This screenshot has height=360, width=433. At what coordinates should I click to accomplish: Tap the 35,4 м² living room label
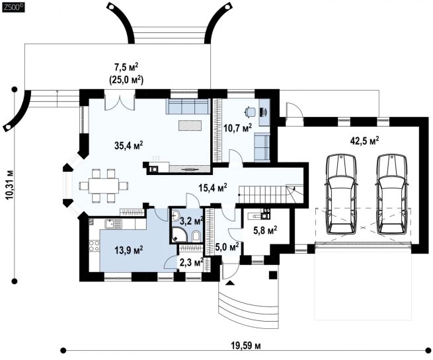(x=129, y=145)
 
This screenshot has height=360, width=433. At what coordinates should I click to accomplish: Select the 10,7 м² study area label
(x=238, y=127)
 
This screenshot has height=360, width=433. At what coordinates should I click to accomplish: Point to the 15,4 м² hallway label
(x=213, y=188)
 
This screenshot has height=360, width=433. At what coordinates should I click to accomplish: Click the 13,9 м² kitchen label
(x=129, y=250)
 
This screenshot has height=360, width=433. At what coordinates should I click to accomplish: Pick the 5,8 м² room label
(x=265, y=231)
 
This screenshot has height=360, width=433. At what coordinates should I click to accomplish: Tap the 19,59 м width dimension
(x=245, y=345)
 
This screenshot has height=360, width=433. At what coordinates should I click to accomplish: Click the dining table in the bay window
(x=104, y=186)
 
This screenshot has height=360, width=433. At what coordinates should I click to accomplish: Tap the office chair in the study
(x=250, y=111)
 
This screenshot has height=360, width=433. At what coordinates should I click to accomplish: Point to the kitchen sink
(x=113, y=224)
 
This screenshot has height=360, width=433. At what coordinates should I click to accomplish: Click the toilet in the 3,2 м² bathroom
(x=196, y=236)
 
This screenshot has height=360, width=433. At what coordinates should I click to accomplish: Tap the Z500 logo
(x=13, y=7)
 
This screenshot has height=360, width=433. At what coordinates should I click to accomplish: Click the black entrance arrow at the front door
(x=230, y=283)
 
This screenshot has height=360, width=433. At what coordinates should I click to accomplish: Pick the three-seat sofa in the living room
(x=187, y=107)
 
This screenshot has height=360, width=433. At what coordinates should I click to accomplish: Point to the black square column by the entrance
(x=273, y=275)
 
